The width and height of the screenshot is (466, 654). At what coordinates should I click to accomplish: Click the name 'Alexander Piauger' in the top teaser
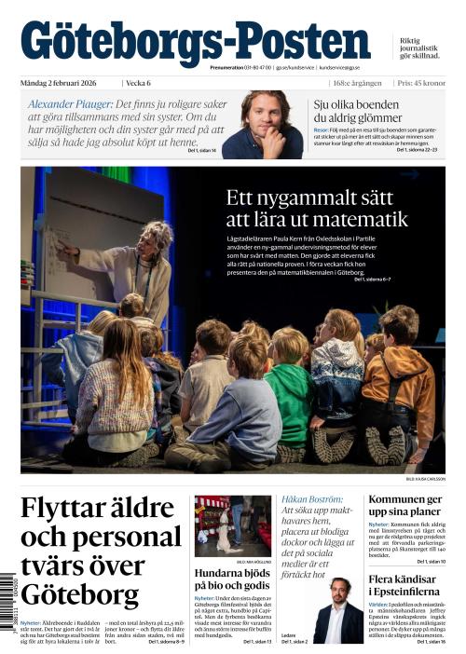pos(71,102)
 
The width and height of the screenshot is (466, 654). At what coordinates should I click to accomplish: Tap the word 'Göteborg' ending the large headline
pos(79,593)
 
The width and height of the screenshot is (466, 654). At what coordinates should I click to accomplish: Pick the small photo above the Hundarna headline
pos(232,525)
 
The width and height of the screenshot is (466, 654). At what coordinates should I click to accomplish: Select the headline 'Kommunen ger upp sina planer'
pos(406,506)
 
